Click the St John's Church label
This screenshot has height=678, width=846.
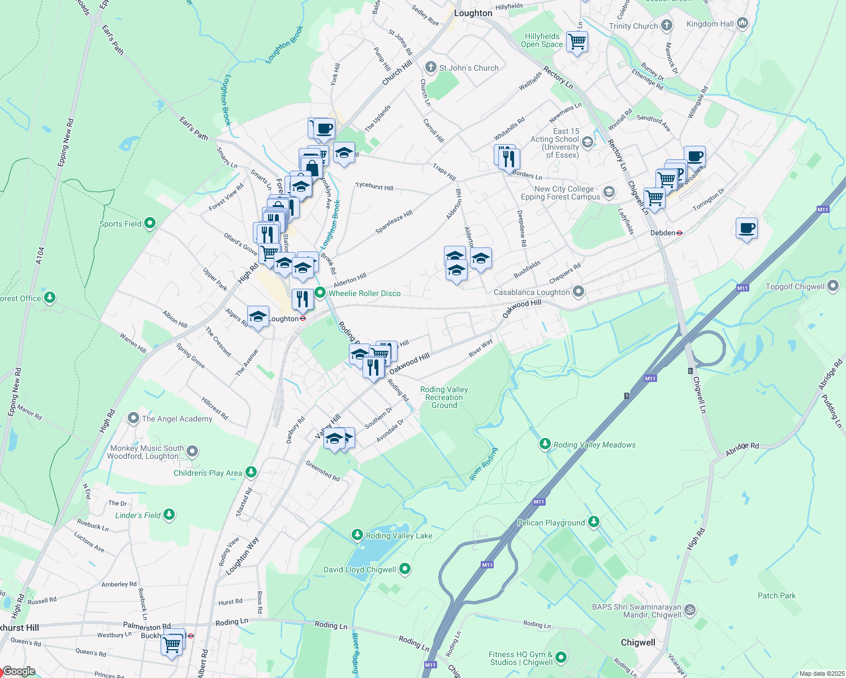point(469,68)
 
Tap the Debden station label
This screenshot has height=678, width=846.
point(663,233)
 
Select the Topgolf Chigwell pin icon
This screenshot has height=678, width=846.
point(833,286)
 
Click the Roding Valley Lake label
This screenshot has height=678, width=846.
point(399,536)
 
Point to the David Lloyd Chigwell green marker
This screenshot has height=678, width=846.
point(405,569)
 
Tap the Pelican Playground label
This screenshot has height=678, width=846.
point(551,523)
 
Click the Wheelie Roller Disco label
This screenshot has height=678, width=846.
point(364,293)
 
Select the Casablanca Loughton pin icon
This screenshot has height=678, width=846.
point(578,292)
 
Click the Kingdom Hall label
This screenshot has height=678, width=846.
point(710,24)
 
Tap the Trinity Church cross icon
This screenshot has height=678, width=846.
point(667,25)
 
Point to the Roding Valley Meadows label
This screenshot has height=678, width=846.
point(594,445)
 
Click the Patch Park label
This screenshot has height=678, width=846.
point(776,596)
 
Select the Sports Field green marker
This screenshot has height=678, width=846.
point(150,223)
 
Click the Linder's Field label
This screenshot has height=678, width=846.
point(138,515)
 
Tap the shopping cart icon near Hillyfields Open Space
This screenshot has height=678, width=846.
point(577,41)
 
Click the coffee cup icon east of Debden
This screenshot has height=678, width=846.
point(746,228)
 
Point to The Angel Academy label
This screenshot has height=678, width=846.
point(177,419)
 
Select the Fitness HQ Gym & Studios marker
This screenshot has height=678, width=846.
point(561,657)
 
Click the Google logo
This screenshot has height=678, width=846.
point(19,671)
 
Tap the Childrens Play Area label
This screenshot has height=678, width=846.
point(208,473)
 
